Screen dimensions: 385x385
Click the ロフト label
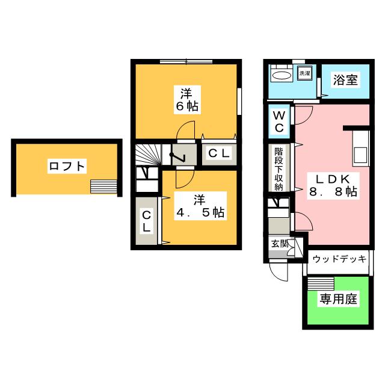(67, 166)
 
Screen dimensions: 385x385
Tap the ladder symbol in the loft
(100, 186)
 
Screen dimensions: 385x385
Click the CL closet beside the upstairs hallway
(218, 154)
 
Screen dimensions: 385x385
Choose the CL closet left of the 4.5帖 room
(146, 221)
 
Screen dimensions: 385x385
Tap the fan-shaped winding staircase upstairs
(147, 155)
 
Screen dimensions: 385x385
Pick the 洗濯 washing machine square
(305, 73)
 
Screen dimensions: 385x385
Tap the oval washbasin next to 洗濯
(282, 75)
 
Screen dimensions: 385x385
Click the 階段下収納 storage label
(279, 169)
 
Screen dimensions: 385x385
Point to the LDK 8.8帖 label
(333, 185)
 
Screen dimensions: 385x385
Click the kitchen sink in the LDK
(360, 154)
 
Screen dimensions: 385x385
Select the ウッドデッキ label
(339, 259)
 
